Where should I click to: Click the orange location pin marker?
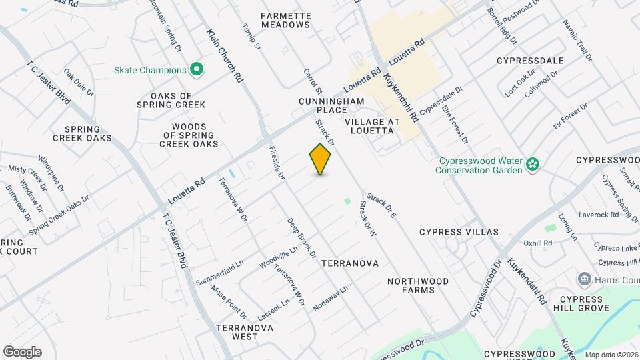(x=321, y=159)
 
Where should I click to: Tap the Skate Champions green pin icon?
(x=197, y=69)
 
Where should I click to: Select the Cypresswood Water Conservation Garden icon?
(x=532, y=164)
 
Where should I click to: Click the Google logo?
(x=22, y=352)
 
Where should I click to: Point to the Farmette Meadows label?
(x=286, y=20)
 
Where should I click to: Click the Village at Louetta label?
(x=372, y=127)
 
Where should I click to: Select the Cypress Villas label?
(x=459, y=232)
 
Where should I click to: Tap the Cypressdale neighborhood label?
(x=530, y=61)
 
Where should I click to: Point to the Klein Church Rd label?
(x=225, y=55)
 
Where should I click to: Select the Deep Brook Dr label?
(x=301, y=237)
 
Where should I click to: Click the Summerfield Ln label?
(x=220, y=273)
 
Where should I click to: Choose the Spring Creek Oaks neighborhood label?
(x=83, y=133)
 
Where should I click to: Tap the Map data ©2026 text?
(x=611, y=354)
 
